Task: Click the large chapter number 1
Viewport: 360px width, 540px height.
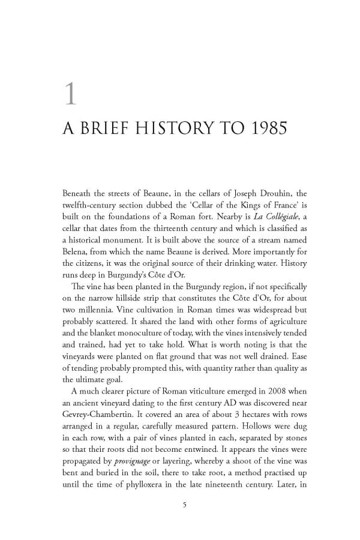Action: click(x=70, y=94)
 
